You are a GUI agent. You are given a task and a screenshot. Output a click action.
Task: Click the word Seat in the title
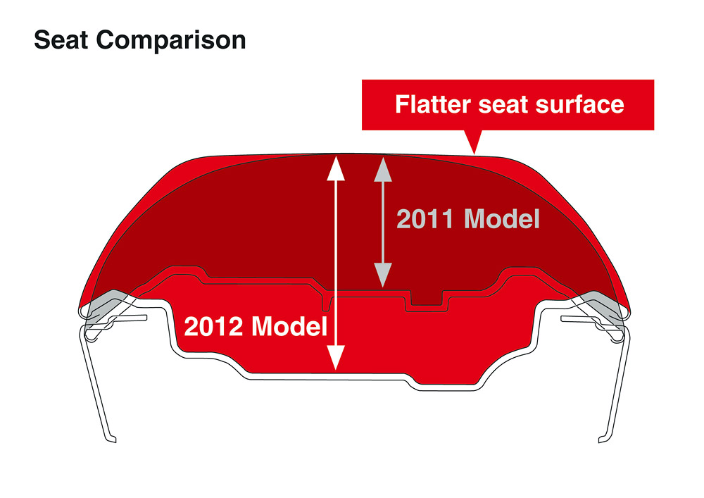[x=61, y=40]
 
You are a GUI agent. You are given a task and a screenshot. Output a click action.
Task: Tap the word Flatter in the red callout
[x=433, y=104]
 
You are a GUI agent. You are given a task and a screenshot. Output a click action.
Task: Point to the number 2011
[x=425, y=219]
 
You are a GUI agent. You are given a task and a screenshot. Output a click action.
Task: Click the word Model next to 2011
[x=501, y=219]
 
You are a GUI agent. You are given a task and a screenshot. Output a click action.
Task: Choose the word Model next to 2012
[x=289, y=326]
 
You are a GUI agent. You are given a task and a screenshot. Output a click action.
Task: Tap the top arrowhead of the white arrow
[x=336, y=168]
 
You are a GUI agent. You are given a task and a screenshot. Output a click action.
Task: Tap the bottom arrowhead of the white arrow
[x=336, y=357]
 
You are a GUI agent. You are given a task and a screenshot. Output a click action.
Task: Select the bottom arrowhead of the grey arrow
[x=383, y=275]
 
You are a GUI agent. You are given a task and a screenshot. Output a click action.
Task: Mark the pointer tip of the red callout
[x=474, y=154]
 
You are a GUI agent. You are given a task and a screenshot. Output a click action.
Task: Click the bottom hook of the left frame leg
[x=111, y=438]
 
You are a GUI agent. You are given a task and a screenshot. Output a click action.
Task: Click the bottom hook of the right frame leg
[x=603, y=438]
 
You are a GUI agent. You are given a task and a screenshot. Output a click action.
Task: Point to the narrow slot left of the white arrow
[x=327, y=304]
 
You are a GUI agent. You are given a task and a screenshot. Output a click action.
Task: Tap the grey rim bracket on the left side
[x=108, y=306]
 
